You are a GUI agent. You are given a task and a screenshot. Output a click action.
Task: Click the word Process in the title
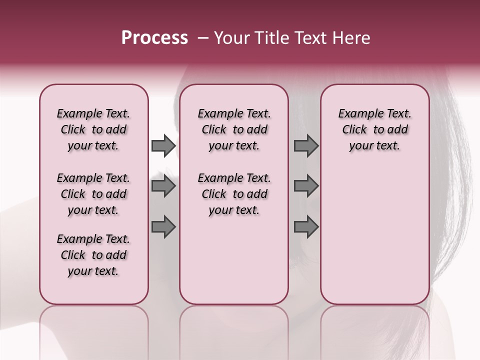pos(154,38)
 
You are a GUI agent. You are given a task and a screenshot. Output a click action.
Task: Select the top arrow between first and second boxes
pos(163,146)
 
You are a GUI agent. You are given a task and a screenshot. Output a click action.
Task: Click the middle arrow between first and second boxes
pos(163,186)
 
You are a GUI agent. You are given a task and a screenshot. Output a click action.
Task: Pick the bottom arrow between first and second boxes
pos(163,226)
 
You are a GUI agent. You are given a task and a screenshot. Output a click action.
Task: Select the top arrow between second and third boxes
pos(306,146)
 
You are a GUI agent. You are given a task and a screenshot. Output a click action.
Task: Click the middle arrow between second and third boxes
pos(306,186)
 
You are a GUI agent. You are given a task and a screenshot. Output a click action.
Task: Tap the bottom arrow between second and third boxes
pos(306,226)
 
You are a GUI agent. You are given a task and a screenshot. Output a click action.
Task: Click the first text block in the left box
pos(93,129)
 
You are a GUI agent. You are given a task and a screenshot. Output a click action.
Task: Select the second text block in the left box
pos(93,194)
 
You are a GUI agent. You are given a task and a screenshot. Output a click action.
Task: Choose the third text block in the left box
pos(93,255)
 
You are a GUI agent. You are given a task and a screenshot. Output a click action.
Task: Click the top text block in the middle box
pos(234,129)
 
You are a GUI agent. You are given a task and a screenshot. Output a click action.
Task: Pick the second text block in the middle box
pos(234,194)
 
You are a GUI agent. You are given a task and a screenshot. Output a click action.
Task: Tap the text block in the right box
pos(374,129)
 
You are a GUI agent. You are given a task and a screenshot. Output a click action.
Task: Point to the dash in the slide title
pos(203,38)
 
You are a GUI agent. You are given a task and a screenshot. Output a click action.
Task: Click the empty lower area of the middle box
pos(234,260)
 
